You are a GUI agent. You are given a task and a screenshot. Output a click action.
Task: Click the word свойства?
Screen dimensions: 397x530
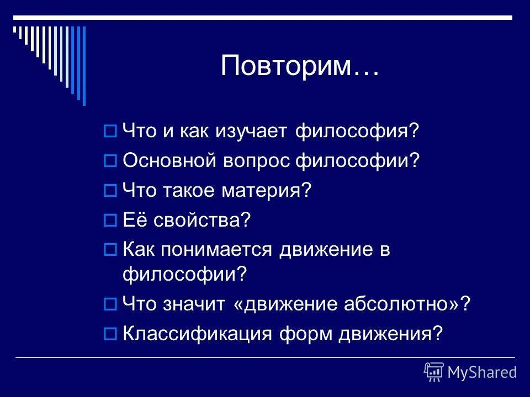pyautogui.click(x=202, y=221)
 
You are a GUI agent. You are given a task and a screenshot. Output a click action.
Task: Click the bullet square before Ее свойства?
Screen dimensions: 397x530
pyautogui.click(x=109, y=221)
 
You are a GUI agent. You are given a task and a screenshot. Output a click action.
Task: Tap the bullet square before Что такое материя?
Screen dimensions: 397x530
pyautogui.click(x=109, y=191)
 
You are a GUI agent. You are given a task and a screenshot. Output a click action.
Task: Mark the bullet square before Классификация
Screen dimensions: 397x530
pyautogui.click(x=109, y=334)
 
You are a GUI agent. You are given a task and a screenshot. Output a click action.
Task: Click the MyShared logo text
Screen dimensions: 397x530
pyautogui.click(x=482, y=372)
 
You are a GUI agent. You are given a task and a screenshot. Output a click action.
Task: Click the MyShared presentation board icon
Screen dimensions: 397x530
pyautogui.click(x=433, y=372)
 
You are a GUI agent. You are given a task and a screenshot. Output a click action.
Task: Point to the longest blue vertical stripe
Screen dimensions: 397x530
pyautogui.click(x=84, y=65)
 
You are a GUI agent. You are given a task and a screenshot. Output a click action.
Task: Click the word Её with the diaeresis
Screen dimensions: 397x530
pyautogui.click(x=132, y=221)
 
